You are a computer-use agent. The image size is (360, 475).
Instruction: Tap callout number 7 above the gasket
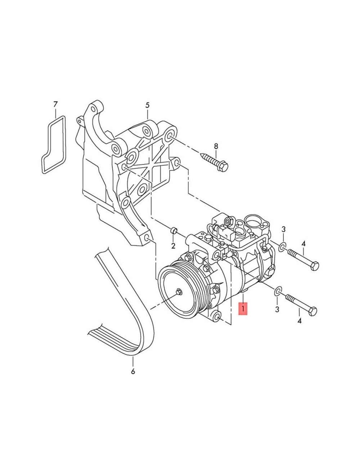(x=56, y=104)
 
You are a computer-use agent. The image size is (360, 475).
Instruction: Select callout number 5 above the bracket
(x=148, y=105)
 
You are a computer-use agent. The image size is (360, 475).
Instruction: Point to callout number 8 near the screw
(x=216, y=146)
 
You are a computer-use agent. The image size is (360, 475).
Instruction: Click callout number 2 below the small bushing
(x=173, y=246)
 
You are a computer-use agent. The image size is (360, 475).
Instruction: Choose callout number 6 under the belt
(x=133, y=371)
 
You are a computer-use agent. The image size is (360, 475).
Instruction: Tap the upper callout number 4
(x=303, y=244)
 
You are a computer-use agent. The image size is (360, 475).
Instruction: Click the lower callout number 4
(x=300, y=321)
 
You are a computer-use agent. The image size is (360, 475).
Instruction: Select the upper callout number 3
(x=284, y=229)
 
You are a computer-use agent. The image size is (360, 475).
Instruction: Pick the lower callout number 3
(x=277, y=309)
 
